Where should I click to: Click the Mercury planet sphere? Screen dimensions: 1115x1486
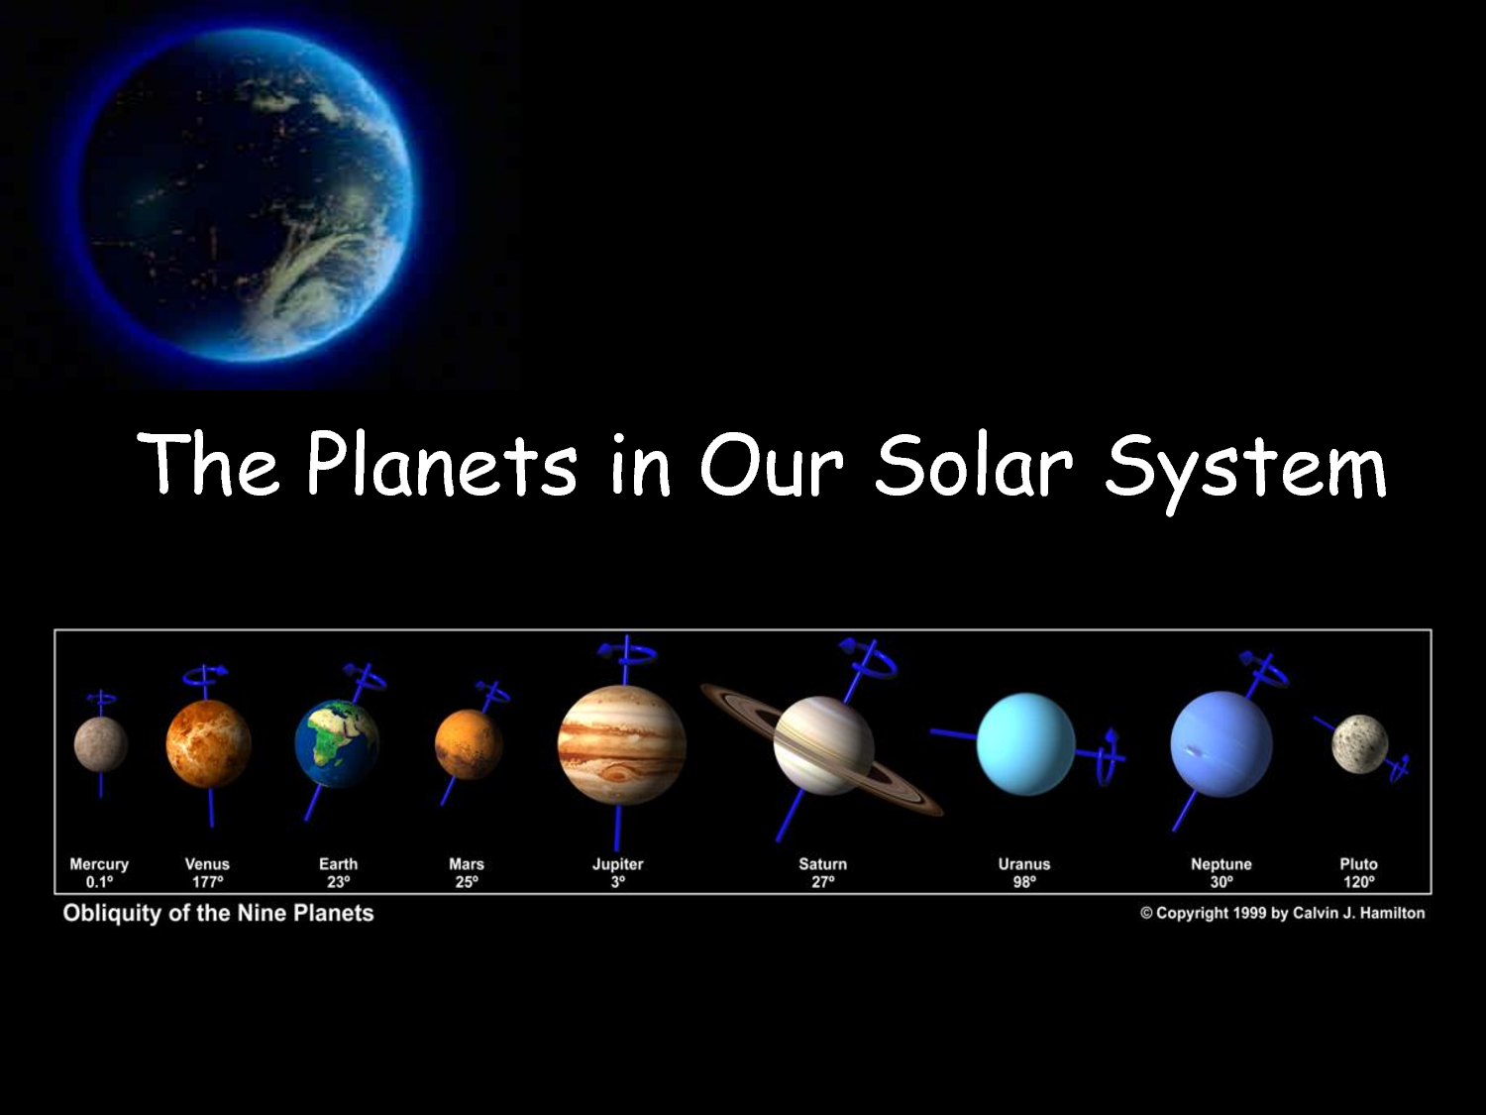click(x=100, y=744)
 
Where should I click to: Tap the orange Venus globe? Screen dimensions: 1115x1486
click(x=208, y=743)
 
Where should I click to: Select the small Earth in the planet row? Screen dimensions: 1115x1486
click(x=337, y=743)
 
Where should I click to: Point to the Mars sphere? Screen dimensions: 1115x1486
click(x=468, y=744)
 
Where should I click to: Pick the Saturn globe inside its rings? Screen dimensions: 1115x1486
click(x=823, y=744)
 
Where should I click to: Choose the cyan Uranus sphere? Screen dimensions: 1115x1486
click(x=1025, y=743)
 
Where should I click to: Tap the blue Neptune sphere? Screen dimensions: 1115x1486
click(x=1221, y=743)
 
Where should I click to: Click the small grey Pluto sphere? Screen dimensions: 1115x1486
click(x=1359, y=744)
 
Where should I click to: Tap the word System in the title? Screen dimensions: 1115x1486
click(x=1245, y=468)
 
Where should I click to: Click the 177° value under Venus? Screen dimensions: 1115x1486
click(x=207, y=882)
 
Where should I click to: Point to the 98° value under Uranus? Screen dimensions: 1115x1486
click(x=1023, y=882)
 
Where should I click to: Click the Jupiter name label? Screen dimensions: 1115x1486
click(x=617, y=864)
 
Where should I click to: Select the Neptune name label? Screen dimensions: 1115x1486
click(x=1221, y=864)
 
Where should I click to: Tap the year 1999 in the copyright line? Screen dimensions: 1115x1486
click(x=1249, y=913)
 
